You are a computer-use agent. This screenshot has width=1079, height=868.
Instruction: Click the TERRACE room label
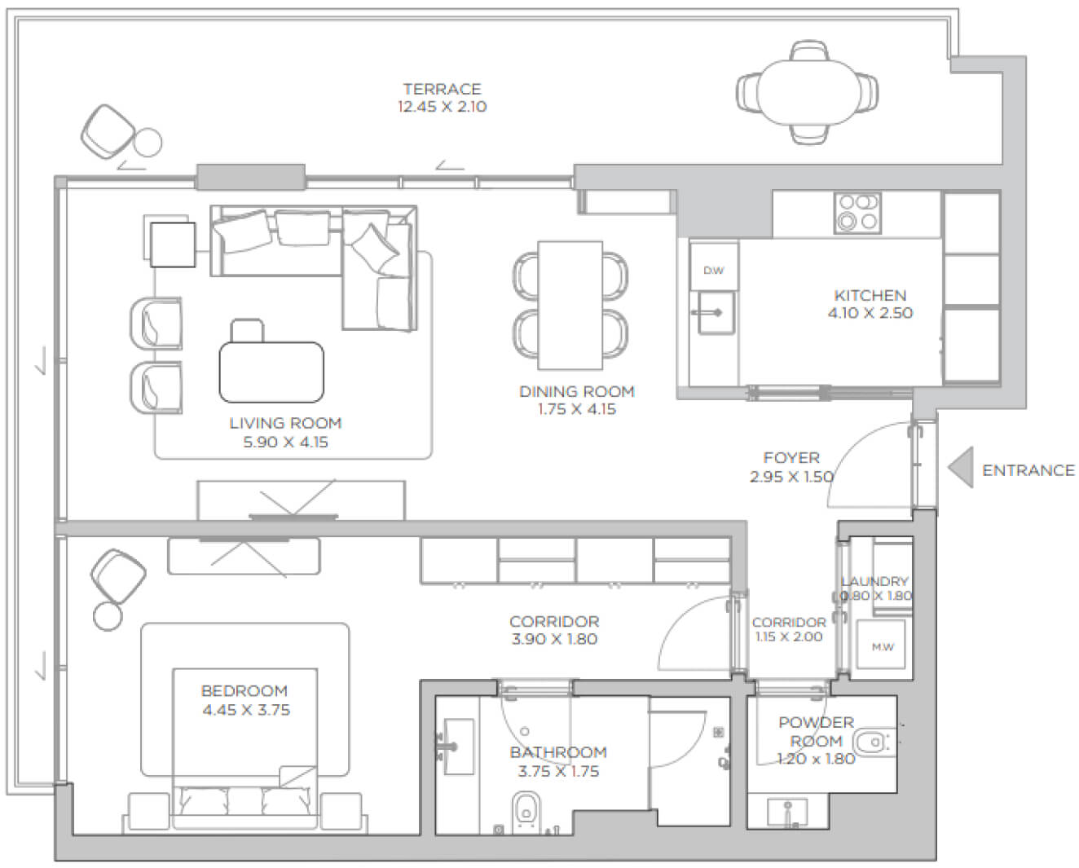(x=442, y=89)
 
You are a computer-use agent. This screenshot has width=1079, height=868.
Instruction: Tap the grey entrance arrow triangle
(x=961, y=466)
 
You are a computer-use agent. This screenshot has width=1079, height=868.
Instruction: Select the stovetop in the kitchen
(x=857, y=213)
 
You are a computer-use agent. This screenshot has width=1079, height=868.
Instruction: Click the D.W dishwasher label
(x=713, y=271)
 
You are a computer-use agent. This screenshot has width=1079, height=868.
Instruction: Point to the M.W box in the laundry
(x=881, y=645)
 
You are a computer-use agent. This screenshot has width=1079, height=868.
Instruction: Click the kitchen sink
(x=716, y=314)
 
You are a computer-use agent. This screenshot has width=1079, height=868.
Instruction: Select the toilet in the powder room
(x=874, y=742)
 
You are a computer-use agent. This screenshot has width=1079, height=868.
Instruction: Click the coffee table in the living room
(x=271, y=372)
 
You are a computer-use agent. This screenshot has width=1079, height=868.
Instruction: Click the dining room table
(x=570, y=305)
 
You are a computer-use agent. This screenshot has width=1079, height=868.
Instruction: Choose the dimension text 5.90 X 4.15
(x=285, y=442)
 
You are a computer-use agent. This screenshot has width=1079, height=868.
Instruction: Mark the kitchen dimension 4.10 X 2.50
(x=870, y=313)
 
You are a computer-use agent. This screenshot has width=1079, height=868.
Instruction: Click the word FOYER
(x=791, y=457)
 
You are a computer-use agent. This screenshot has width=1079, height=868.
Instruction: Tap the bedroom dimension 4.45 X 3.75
(x=246, y=710)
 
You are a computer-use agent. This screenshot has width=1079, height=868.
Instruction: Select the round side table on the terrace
(x=148, y=143)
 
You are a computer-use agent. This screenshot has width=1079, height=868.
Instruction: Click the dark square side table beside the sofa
(x=173, y=245)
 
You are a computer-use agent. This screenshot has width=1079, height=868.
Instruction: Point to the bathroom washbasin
(x=458, y=747)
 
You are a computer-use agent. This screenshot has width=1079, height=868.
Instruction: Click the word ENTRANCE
(x=1028, y=470)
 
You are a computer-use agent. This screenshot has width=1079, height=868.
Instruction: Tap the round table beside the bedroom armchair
(x=108, y=616)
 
